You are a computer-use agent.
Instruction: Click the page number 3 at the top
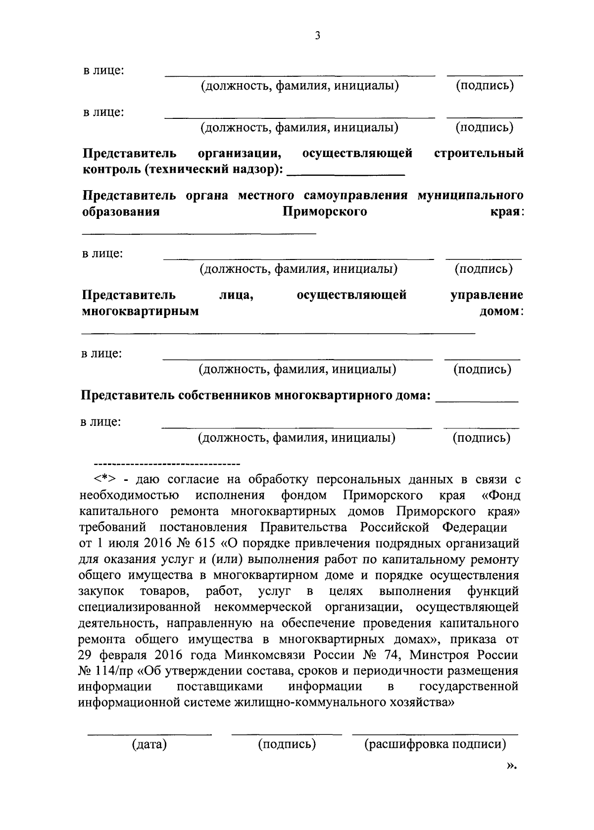tap(317, 35)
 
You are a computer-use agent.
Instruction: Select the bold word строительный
tap(479, 154)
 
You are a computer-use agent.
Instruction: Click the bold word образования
tap(121, 212)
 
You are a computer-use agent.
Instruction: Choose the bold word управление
tap(487, 295)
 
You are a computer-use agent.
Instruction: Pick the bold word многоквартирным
tap(140, 311)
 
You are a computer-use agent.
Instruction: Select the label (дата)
tap(149, 744)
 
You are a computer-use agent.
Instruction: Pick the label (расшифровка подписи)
tap(435, 744)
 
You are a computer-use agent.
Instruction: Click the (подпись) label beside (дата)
tap(287, 744)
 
